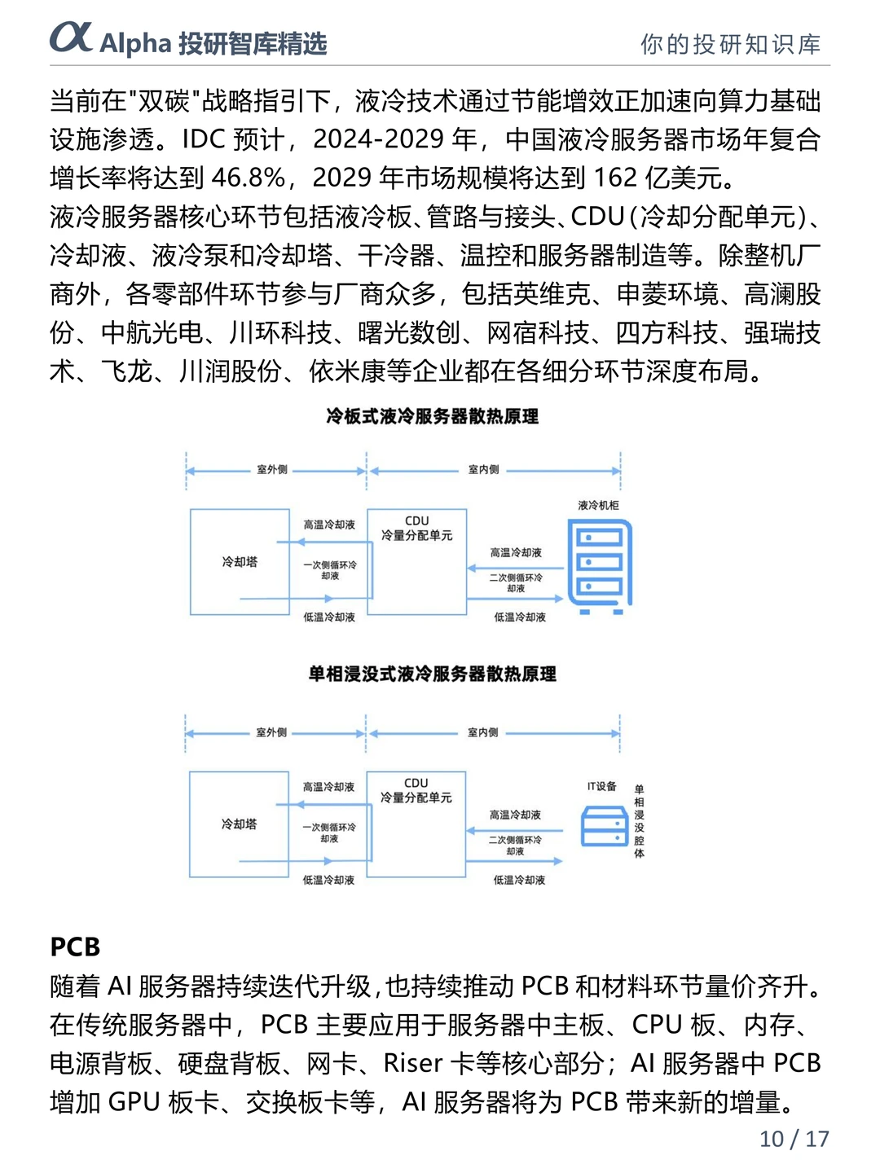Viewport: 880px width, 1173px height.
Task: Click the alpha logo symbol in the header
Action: coord(71,37)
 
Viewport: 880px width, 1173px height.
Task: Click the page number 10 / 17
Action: coord(794,1139)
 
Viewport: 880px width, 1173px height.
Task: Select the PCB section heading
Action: coord(75,947)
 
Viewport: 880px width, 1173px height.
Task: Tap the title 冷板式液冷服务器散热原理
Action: coord(432,416)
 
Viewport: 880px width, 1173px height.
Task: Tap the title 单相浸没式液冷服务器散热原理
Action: coord(432,674)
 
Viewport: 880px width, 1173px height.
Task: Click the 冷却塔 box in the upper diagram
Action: coord(240,562)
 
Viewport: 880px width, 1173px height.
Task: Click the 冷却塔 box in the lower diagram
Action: coord(239,824)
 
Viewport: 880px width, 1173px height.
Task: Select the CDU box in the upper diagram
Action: coord(416,561)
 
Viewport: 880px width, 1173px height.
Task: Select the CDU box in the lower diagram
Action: coord(416,824)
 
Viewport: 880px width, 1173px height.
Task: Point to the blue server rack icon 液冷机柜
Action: coord(600,566)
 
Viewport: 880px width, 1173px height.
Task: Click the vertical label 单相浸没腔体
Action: coord(639,821)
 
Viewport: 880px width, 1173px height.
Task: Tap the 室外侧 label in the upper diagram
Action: coord(272,470)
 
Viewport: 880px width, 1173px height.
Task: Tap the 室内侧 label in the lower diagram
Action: coord(483,732)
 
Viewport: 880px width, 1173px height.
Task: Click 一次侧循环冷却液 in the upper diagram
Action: coord(330,570)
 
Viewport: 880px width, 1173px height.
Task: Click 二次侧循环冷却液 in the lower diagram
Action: coord(515,846)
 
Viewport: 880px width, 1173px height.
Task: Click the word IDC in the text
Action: coord(203,139)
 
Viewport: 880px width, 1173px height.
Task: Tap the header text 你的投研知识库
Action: coord(730,44)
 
